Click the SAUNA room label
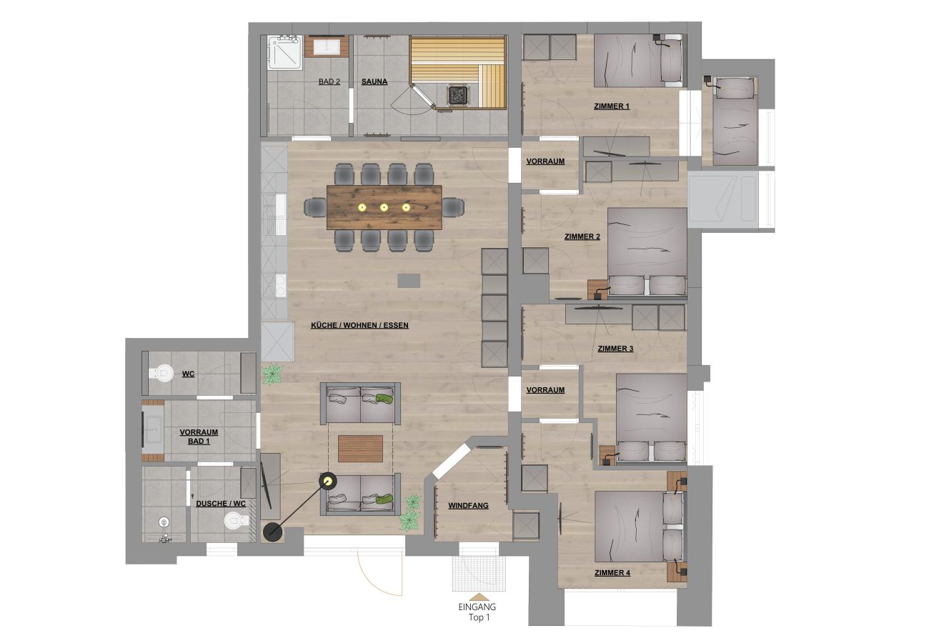(x=374, y=81)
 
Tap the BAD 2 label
(x=329, y=81)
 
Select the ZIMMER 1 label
(x=612, y=106)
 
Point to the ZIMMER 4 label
(x=612, y=572)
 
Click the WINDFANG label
(x=468, y=505)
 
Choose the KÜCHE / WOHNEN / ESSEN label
(x=359, y=325)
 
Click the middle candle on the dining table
(x=384, y=207)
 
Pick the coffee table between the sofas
(x=360, y=449)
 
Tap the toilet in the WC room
(x=164, y=372)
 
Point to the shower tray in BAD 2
(x=285, y=52)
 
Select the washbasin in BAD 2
(x=326, y=46)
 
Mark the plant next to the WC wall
(x=272, y=373)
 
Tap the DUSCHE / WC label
(x=221, y=503)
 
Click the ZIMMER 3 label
(x=615, y=349)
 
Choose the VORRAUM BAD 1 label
(x=199, y=437)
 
